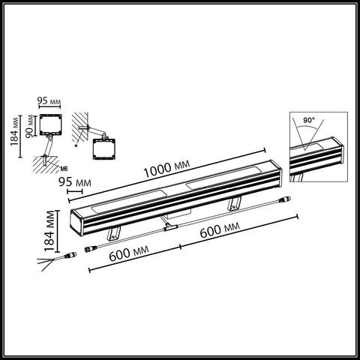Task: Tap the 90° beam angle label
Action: [x=309, y=120]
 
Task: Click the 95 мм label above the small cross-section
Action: [x=49, y=99]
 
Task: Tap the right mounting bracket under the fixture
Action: [x=234, y=202]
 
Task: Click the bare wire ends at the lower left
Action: [x=46, y=263]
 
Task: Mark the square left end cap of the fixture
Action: [x=76, y=223]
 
